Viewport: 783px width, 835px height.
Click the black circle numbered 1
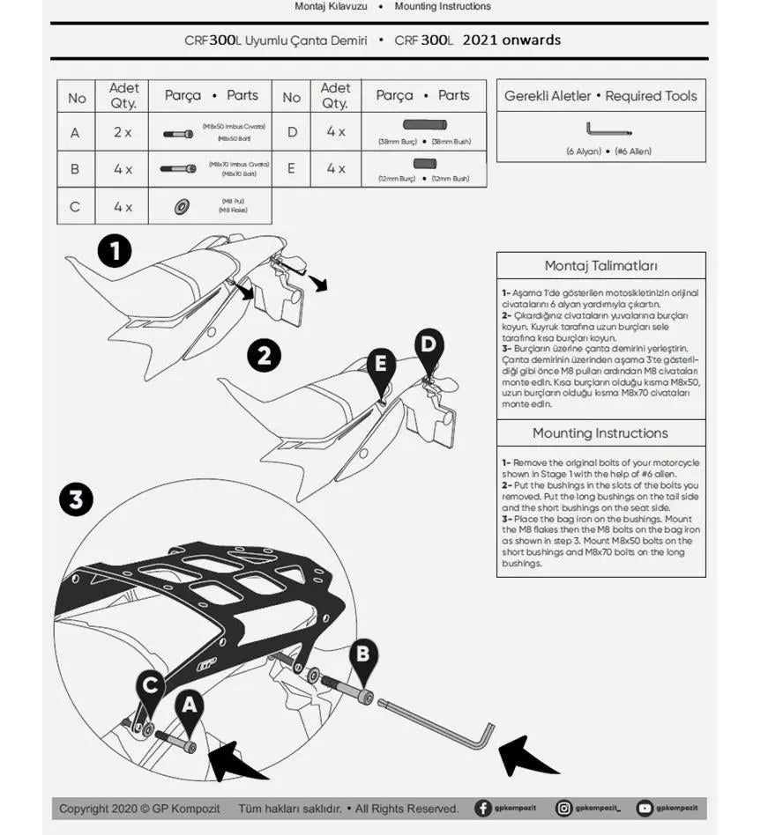point(115,251)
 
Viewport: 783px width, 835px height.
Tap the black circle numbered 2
point(264,357)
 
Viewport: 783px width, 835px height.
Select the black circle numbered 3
point(76,500)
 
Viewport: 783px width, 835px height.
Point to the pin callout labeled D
point(429,345)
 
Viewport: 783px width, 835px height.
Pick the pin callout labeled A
point(188,707)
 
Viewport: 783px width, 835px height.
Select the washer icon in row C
point(182,207)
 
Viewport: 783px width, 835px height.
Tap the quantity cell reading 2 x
point(123,133)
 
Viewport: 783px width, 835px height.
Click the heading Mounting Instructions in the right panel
point(600,433)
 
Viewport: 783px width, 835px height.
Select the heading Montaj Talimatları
point(600,266)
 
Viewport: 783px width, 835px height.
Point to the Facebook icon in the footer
point(483,808)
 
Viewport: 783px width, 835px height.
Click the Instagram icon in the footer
point(563,808)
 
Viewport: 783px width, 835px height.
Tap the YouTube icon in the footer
point(645,808)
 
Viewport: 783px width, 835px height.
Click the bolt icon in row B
point(178,168)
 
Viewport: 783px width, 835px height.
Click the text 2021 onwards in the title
point(511,40)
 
